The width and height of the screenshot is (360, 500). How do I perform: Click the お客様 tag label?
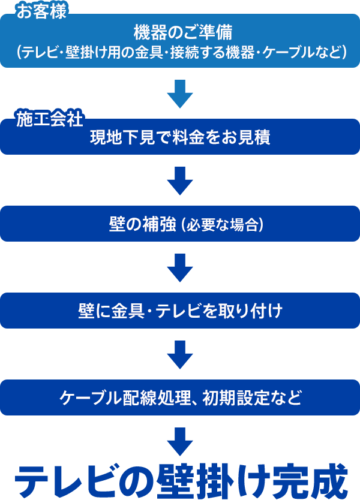click(41, 11)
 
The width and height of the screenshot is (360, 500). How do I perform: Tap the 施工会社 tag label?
click(50, 119)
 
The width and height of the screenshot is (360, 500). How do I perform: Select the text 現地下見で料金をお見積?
click(180, 137)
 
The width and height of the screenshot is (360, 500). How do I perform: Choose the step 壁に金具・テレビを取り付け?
click(180, 311)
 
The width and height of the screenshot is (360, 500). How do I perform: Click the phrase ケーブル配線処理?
click(125, 397)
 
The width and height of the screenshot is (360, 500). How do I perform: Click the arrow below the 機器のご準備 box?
click(180, 94)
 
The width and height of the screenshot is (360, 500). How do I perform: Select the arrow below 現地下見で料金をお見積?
click(180, 180)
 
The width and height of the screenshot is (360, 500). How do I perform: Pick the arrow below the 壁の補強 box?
click(180, 267)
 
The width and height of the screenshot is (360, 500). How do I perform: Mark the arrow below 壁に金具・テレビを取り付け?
click(180, 354)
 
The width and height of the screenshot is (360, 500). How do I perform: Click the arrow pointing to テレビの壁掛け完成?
click(180, 441)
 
